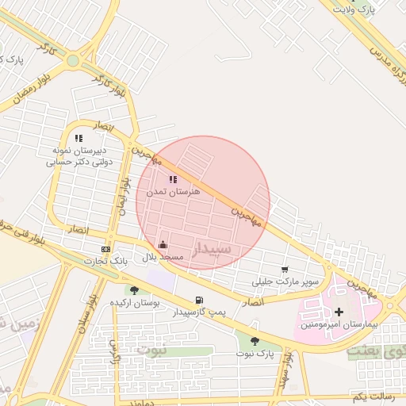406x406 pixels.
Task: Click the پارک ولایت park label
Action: point(354,9)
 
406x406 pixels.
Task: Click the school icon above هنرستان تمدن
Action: point(173,179)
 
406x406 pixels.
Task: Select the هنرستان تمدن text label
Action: point(173,192)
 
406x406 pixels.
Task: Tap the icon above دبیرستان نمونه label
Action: point(79,139)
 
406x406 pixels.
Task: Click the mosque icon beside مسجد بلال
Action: point(163,244)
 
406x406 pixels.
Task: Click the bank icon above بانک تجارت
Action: point(105,250)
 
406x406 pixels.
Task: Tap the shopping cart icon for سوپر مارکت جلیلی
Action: point(285,270)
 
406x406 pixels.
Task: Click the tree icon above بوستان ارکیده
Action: point(133,290)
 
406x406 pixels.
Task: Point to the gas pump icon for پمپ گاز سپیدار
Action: point(198,300)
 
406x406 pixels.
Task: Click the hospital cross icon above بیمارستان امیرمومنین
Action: point(339,312)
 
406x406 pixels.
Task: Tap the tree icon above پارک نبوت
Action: point(255,341)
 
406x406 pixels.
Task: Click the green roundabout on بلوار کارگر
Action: point(73,60)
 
